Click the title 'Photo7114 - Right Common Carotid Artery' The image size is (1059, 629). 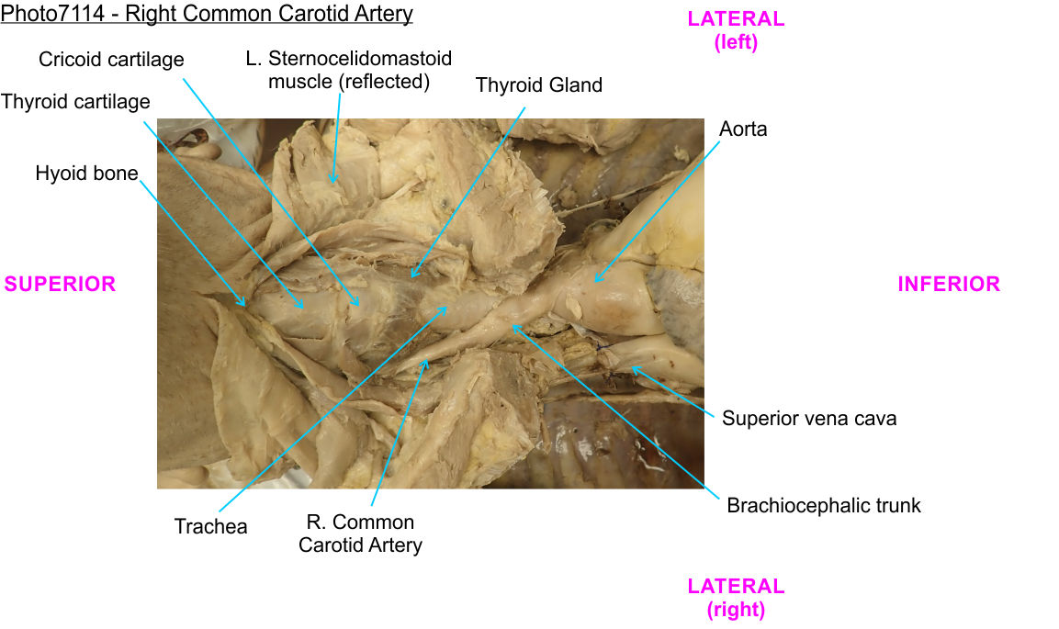(207, 14)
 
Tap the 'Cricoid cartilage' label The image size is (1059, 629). (111, 60)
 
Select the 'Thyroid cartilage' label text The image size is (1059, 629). (75, 102)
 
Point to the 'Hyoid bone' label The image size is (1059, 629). (86, 174)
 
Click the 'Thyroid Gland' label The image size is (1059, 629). (538, 85)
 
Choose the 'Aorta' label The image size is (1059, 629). (743, 129)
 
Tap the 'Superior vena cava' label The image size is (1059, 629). (808, 419)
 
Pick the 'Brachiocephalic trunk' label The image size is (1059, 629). (823, 505)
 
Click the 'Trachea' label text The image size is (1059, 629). (210, 527)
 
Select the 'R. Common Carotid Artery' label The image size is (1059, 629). (360, 534)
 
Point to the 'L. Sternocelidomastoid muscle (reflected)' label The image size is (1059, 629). (349, 70)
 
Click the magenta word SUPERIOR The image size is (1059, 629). (60, 285)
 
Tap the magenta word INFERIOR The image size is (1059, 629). (948, 285)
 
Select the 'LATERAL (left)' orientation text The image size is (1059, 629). (736, 30)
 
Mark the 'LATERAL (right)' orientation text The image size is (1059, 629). (736, 598)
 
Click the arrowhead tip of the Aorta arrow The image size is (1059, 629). (594, 281)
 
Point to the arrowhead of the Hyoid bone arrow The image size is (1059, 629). (245, 305)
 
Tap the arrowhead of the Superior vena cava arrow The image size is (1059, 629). (630, 368)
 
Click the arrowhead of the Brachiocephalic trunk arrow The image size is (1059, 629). (513, 324)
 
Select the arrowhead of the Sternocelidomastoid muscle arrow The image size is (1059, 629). (333, 182)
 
